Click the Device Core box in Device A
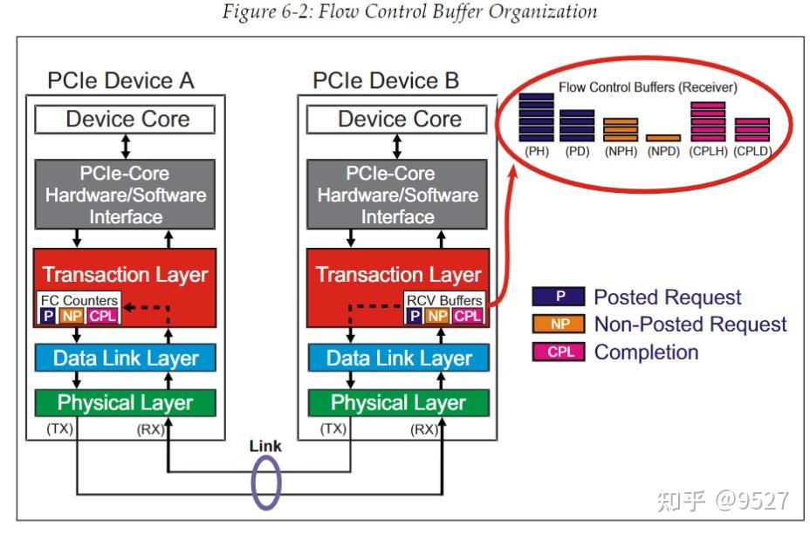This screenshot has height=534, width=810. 127,120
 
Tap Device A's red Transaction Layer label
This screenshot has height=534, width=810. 126,275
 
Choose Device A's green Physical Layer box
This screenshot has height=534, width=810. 126,402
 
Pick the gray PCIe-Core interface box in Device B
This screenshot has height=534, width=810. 397,195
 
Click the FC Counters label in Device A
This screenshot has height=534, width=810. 79,300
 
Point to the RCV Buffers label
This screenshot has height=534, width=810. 444,300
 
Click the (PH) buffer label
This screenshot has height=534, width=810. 536,151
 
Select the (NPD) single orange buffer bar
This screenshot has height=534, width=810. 663,138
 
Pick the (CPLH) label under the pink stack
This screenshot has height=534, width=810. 708,151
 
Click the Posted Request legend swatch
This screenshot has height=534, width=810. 556,297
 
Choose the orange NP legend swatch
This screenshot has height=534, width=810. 556,325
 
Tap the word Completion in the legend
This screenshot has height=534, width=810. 646,353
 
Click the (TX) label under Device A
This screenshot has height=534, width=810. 60,428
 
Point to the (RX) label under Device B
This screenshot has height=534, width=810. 425,428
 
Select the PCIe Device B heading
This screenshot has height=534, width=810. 385,82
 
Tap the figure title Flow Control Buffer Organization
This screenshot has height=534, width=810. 410,12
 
